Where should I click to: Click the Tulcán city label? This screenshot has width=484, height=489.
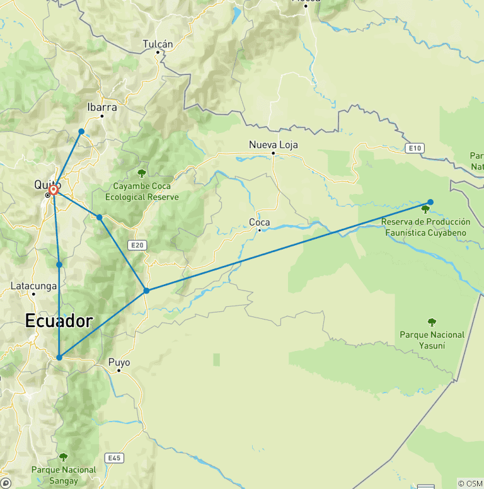point(158,44)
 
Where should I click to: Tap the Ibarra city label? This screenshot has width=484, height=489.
point(101,107)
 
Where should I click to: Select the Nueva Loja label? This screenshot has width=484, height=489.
point(274,145)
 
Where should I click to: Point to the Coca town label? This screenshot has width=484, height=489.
point(260,222)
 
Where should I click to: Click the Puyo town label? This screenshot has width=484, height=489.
point(119,362)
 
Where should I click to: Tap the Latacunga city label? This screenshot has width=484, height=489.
point(34,286)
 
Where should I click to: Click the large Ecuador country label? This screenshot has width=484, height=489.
point(59,321)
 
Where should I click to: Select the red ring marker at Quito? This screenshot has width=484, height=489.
point(54,189)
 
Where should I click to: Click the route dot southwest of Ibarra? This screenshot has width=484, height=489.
point(81,131)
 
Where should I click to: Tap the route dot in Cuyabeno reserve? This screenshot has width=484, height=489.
point(430,202)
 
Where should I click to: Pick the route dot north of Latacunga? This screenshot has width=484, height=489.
point(59,265)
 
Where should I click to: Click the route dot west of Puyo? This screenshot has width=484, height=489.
point(59,357)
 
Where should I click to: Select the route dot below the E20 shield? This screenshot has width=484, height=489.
point(146,291)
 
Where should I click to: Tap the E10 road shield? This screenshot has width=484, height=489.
point(414,148)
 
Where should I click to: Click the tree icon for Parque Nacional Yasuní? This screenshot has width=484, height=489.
point(432,322)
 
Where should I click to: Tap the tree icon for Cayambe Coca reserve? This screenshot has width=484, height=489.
point(141,173)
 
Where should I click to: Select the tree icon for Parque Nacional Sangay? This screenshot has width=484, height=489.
point(63,457)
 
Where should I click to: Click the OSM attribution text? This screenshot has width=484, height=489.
point(470,483)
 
